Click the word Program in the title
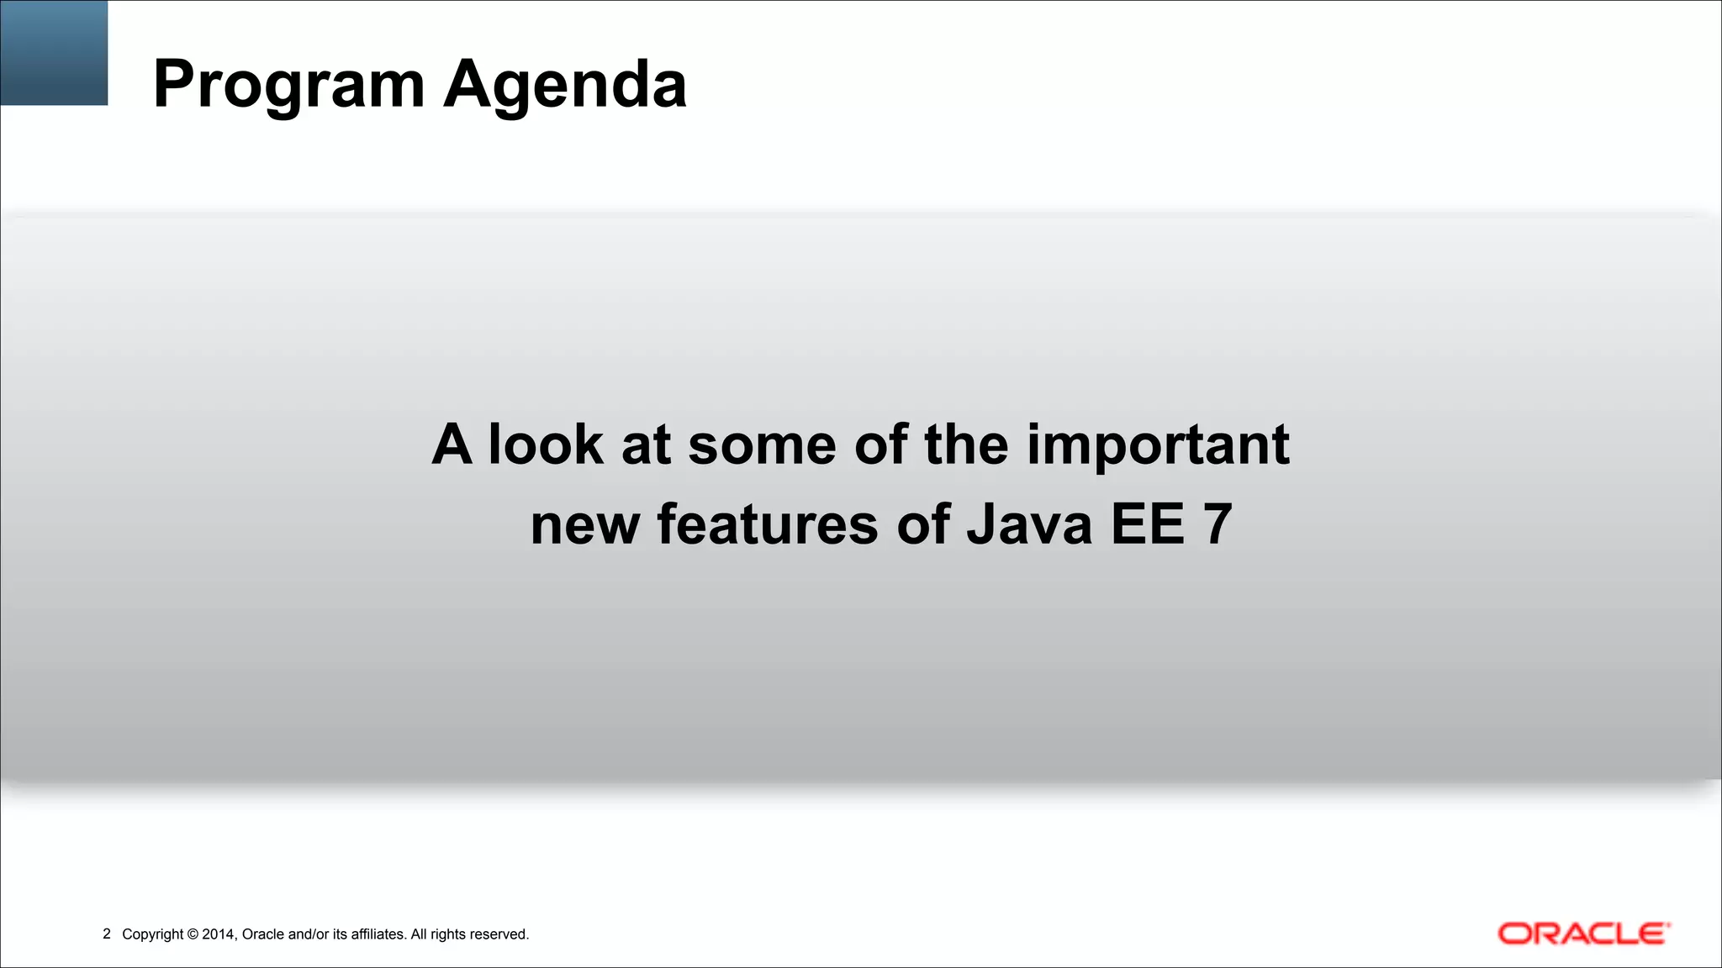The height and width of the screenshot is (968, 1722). tap(288, 86)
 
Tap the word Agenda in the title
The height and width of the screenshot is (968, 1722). tap(565, 86)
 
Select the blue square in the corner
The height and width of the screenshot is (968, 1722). tap(54, 52)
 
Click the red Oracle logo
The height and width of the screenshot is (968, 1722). tap(1583, 934)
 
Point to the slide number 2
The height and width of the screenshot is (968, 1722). tap(107, 934)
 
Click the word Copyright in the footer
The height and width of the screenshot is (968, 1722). tap(152, 934)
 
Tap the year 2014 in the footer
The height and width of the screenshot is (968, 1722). tap(219, 934)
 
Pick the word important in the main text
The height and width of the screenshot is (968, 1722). tap(1158, 445)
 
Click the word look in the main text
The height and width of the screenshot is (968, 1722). tap(545, 445)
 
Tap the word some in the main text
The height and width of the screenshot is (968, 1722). tap(762, 445)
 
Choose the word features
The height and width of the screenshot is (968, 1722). tap(767, 524)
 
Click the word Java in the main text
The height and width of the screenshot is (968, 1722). tap(1029, 524)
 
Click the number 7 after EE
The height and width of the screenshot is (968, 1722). tap(1218, 524)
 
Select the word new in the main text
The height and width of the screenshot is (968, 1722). tap(584, 524)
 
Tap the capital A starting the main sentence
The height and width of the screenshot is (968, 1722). tap(452, 445)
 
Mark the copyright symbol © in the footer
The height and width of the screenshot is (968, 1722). tap(193, 934)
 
